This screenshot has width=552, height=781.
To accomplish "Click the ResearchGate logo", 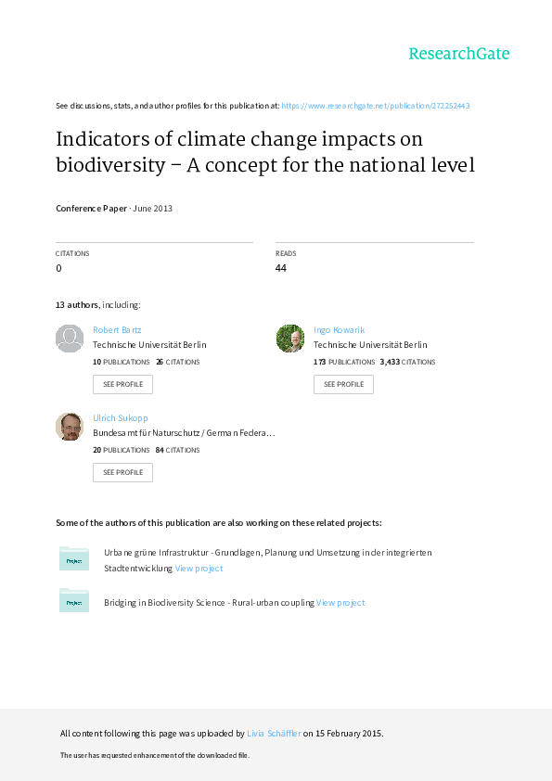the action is pyautogui.click(x=459, y=53).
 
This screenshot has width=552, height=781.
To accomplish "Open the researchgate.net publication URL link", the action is pyautogui.click(x=376, y=106).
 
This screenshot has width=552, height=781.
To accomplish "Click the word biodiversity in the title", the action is pyautogui.click(x=110, y=165).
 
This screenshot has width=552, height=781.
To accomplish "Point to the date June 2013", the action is pyautogui.click(x=152, y=208).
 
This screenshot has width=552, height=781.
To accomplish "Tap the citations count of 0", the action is pyautogui.click(x=58, y=268).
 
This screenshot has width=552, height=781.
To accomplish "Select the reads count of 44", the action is pyautogui.click(x=281, y=268).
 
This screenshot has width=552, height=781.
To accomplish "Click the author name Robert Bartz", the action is pyautogui.click(x=117, y=329).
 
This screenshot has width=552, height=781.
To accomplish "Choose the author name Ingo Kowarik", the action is pyautogui.click(x=339, y=329).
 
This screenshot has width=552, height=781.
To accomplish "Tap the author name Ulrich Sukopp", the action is pyautogui.click(x=120, y=418).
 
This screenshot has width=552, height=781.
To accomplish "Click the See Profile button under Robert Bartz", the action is pyautogui.click(x=122, y=384).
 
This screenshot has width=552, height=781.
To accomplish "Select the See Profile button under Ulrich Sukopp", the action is pyautogui.click(x=122, y=472).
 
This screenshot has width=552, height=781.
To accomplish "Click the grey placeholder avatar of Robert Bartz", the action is pyautogui.click(x=70, y=339).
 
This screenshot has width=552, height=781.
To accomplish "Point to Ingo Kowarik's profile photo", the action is pyautogui.click(x=290, y=339).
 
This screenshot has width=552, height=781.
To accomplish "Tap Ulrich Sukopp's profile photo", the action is pyautogui.click(x=70, y=427).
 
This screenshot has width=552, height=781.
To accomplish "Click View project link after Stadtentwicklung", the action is pyautogui.click(x=199, y=569).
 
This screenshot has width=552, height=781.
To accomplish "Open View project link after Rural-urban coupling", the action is pyautogui.click(x=340, y=603).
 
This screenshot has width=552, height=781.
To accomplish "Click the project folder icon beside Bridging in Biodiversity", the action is pyautogui.click(x=74, y=600).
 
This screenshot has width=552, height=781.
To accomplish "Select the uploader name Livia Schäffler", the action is pyautogui.click(x=274, y=733).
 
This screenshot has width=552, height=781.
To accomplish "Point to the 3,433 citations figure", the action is pyautogui.click(x=390, y=362).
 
